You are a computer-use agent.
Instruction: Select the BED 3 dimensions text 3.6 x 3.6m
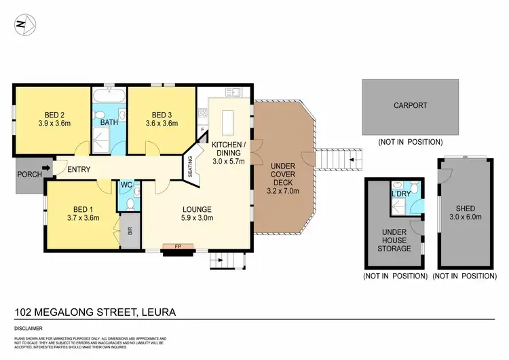(164, 124)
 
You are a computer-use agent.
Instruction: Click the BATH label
(109, 123)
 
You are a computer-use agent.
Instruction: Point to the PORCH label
(27, 174)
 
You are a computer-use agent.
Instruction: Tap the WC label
(126, 185)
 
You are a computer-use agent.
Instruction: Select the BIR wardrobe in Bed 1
(126, 230)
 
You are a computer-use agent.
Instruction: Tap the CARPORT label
(410, 105)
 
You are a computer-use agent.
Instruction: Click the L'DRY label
(400, 194)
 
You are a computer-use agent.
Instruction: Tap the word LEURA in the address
(157, 313)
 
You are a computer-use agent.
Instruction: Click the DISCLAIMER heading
(29, 328)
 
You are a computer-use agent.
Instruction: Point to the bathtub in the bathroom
(109, 92)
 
